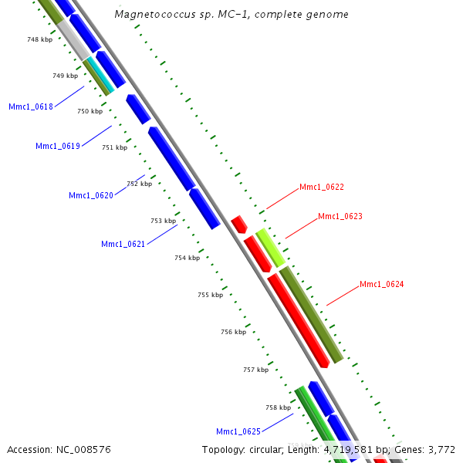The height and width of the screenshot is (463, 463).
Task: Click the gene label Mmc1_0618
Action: coord(31,106)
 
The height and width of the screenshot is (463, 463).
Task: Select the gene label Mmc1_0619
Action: coord(58,146)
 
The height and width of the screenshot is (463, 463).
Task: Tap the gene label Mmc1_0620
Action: coord(91,195)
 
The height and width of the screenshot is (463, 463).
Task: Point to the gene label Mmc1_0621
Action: coord(123,245)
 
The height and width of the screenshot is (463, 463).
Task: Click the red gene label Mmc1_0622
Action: coord(322,187)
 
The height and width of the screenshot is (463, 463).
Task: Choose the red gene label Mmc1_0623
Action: coord(340,216)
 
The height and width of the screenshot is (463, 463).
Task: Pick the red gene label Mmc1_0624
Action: coord(382,285)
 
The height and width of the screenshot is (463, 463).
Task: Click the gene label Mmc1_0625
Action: coord(238,431)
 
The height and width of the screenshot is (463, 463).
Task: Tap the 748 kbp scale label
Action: coord(39,39)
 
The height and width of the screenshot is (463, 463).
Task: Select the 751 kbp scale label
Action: coord(114,147)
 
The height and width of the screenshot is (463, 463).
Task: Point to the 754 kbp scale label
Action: coord(187,258)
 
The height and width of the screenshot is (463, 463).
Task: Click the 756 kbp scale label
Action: coord(233,332)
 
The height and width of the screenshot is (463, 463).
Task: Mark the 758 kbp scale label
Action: coord(278,407)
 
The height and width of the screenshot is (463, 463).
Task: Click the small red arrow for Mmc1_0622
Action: coord(238,224)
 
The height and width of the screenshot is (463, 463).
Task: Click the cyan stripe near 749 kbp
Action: coord(100,74)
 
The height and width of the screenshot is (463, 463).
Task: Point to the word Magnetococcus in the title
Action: coord(153,15)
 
